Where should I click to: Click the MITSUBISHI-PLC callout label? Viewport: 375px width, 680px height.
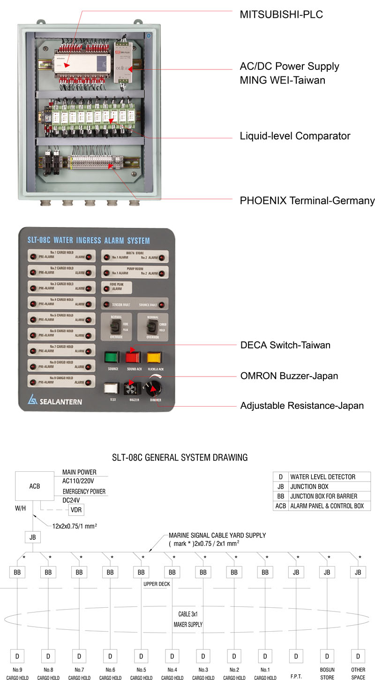pyautogui.click(x=281, y=15)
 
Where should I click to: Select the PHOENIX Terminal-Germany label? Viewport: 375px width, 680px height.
pyautogui.click(x=307, y=201)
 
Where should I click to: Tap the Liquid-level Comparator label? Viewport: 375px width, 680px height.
pyautogui.click(x=295, y=136)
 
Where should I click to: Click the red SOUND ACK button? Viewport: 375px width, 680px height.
pyautogui.click(x=133, y=357)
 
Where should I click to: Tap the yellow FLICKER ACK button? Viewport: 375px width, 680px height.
pyautogui.click(x=155, y=357)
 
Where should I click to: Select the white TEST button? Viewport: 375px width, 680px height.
pyautogui.click(x=112, y=388)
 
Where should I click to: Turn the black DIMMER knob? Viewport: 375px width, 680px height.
pyautogui.click(x=154, y=388)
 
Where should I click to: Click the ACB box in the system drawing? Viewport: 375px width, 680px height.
pyautogui.click(x=35, y=486)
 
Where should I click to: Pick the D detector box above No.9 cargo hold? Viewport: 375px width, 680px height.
pyautogui.click(x=17, y=656)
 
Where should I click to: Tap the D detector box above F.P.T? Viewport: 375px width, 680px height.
pyautogui.click(x=296, y=656)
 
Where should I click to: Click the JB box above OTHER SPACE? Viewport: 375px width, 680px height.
pyautogui.click(x=358, y=572)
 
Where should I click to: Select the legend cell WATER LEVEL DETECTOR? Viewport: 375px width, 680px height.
pyautogui.click(x=322, y=477)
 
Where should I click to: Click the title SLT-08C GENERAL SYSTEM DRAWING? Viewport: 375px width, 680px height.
pyautogui.click(x=180, y=457)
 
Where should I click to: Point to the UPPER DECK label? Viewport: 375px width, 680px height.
pyautogui.click(x=157, y=584)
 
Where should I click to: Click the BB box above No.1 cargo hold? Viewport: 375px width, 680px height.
pyautogui.click(x=265, y=572)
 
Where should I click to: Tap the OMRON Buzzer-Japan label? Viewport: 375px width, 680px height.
pyautogui.click(x=289, y=376)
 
